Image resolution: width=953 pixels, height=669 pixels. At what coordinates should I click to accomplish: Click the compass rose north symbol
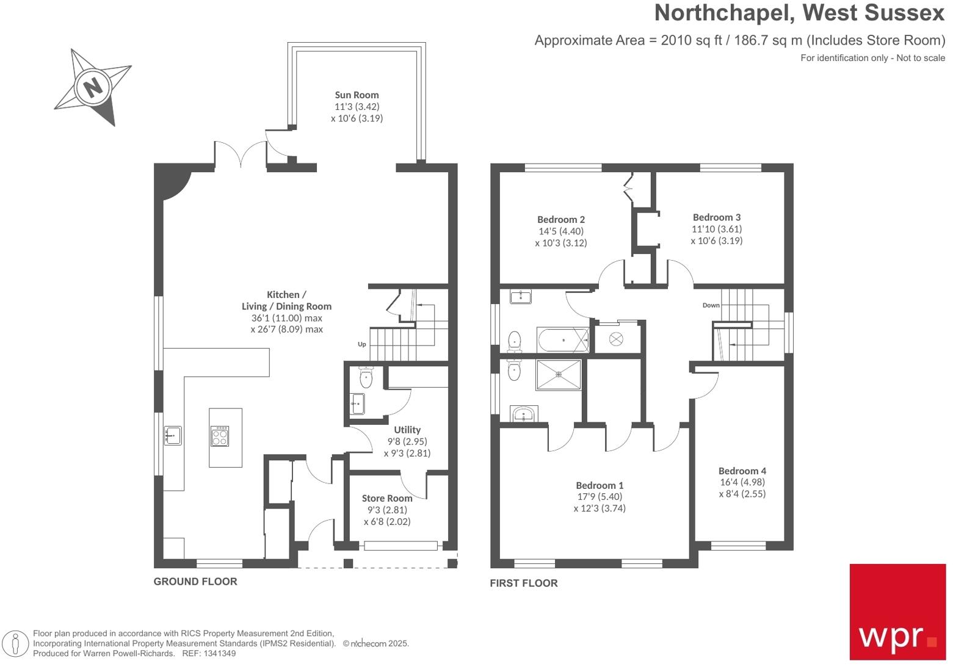(x=93, y=87)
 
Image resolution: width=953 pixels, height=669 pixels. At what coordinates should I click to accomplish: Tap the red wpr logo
(x=897, y=611)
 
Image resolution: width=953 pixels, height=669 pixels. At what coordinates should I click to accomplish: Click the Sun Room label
(x=357, y=95)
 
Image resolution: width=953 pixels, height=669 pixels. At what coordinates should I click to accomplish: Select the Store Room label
(x=387, y=498)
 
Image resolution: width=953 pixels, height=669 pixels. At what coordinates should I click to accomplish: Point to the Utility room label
(x=407, y=430)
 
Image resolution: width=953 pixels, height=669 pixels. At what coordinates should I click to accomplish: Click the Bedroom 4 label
(x=742, y=471)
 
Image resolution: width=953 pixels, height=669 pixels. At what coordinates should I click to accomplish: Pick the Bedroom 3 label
(x=717, y=217)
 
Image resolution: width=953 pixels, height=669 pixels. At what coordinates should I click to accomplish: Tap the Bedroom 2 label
(x=561, y=220)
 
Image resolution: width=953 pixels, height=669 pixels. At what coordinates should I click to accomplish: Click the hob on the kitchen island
(x=220, y=436)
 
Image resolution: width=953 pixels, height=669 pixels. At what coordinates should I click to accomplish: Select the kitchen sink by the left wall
(x=173, y=436)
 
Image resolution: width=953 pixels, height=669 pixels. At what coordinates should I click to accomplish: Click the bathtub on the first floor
(x=562, y=339)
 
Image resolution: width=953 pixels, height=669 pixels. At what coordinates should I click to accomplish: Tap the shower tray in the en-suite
(x=558, y=374)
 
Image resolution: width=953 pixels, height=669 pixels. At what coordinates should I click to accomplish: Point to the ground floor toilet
(x=366, y=378)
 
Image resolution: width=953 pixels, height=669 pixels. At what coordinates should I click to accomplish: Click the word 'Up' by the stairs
(x=362, y=344)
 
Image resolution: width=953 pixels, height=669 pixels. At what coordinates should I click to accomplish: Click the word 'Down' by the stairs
(x=711, y=305)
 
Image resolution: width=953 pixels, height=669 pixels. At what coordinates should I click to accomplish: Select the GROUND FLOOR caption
(x=195, y=582)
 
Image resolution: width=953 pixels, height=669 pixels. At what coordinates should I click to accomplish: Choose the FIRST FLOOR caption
(x=524, y=584)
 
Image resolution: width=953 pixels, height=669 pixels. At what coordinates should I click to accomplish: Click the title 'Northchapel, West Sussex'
(x=799, y=13)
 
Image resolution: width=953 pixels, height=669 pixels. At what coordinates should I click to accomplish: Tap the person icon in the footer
(x=15, y=644)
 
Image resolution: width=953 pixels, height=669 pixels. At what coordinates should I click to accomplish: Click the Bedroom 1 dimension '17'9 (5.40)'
(x=600, y=497)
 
